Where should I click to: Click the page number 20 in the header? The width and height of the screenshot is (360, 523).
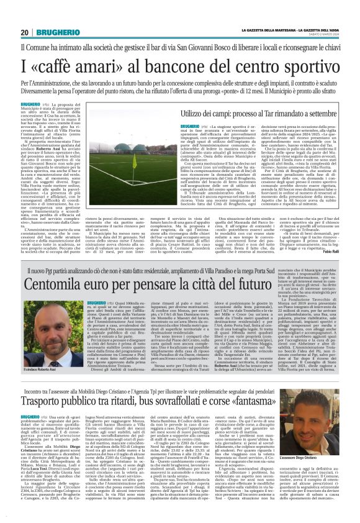coord(25,32)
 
